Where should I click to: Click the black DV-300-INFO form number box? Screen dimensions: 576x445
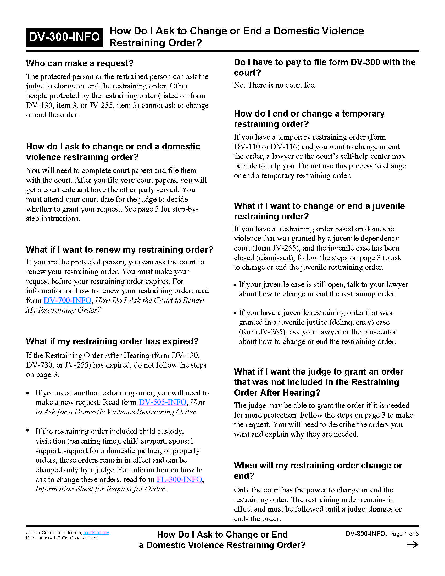click(64, 37)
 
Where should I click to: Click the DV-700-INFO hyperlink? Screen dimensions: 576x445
click(67, 300)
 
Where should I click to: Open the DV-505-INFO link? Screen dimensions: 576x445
click(162, 402)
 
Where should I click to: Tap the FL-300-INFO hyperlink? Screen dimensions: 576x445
click(179, 479)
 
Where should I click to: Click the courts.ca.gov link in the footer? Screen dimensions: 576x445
click(96, 533)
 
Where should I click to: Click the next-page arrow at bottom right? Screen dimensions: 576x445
click(412, 545)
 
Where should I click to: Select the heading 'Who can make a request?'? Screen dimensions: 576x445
click(80, 63)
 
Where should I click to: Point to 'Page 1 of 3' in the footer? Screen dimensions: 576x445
click(404, 534)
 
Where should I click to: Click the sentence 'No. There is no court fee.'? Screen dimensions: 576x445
click(274, 85)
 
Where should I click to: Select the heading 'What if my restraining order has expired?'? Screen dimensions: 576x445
click(112, 341)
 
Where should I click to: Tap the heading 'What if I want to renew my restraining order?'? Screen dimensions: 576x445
click(119, 250)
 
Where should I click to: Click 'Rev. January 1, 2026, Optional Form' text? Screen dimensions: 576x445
click(62, 538)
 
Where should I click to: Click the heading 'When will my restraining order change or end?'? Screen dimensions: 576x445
click(318, 470)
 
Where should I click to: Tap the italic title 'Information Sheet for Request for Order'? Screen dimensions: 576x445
click(100, 489)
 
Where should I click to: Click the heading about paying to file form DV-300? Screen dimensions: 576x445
click(325, 67)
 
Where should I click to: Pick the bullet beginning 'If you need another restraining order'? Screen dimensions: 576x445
click(122, 402)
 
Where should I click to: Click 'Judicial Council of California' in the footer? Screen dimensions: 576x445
click(54, 533)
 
